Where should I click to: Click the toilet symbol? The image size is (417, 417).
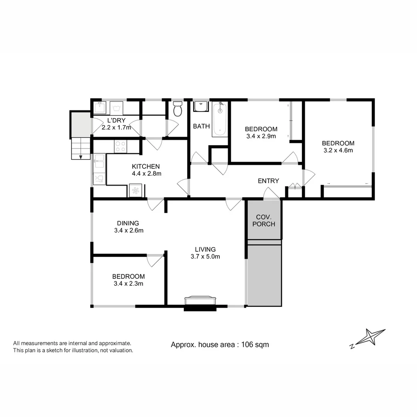coord(178,109)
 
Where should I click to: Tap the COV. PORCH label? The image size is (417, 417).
coord(264,221)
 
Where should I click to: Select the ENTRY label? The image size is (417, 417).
coord(268,181)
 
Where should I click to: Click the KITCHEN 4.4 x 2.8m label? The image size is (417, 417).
coord(146,170)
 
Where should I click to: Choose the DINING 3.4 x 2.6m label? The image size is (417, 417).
coord(129,227)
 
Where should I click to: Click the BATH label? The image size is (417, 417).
coord(201,126)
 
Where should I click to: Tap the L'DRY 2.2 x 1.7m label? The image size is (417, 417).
coord(116,124)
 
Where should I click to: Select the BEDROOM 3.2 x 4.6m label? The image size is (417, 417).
coord(338,147)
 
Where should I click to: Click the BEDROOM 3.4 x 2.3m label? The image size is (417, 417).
coord(129,280)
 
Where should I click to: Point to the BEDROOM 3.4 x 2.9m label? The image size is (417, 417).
coord(261,132)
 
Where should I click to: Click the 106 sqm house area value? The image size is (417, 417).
coord(255,345)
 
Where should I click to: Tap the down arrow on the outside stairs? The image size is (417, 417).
coord(81,156)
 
